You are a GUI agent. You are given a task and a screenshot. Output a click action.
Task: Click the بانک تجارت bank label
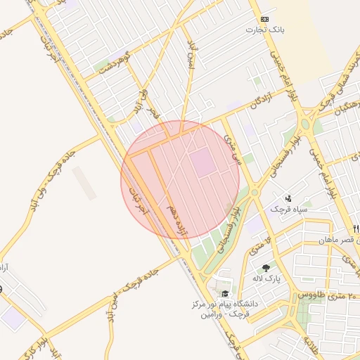click(x=264, y=30)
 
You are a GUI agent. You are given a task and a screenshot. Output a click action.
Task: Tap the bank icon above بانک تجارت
click(x=264, y=19)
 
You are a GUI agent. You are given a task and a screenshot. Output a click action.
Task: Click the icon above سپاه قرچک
click(x=288, y=199)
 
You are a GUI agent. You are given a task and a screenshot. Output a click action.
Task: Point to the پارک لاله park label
click(x=267, y=278)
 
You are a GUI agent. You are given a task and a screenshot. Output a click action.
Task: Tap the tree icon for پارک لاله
click(x=266, y=268)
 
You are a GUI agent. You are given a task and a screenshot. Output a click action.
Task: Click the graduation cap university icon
click(x=225, y=294)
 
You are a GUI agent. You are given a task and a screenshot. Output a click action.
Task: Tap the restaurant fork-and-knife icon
click(x=356, y=228)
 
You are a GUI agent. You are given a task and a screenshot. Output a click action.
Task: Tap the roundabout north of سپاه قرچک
click(x=255, y=191)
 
